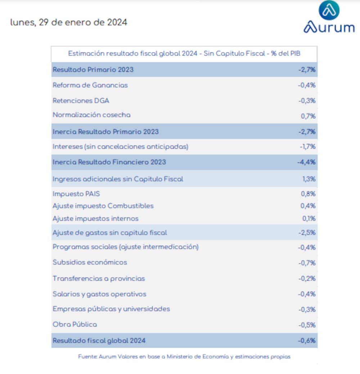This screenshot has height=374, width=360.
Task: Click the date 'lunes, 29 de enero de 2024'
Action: [x=69, y=22]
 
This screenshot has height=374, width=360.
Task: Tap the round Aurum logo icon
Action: [x=329, y=11]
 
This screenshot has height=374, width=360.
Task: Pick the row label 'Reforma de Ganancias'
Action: [x=90, y=85]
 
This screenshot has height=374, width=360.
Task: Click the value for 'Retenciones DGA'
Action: [x=307, y=101]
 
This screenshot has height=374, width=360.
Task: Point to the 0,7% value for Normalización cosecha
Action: [x=308, y=116]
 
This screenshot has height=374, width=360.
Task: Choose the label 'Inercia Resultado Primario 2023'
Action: [x=105, y=132]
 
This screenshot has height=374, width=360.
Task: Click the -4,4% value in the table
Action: [x=306, y=162]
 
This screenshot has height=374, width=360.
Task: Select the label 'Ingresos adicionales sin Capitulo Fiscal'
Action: [x=118, y=179]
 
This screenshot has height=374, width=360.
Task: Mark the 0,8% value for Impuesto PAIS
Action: [x=308, y=194]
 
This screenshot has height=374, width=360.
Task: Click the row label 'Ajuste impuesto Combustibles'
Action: [x=103, y=206]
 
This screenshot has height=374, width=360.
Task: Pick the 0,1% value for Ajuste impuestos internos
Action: [x=309, y=218]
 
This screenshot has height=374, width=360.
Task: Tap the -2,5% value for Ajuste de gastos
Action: [x=307, y=233]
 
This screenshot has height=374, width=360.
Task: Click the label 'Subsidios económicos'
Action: [x=90, y=262]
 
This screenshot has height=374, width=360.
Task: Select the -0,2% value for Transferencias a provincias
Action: [x=307, y=279]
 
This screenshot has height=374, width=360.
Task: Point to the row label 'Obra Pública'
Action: [x=75, y=325]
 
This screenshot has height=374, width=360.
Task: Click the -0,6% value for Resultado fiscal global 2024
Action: [x=307, y=341]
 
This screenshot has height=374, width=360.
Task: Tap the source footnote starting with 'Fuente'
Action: [x=184, y=357]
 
